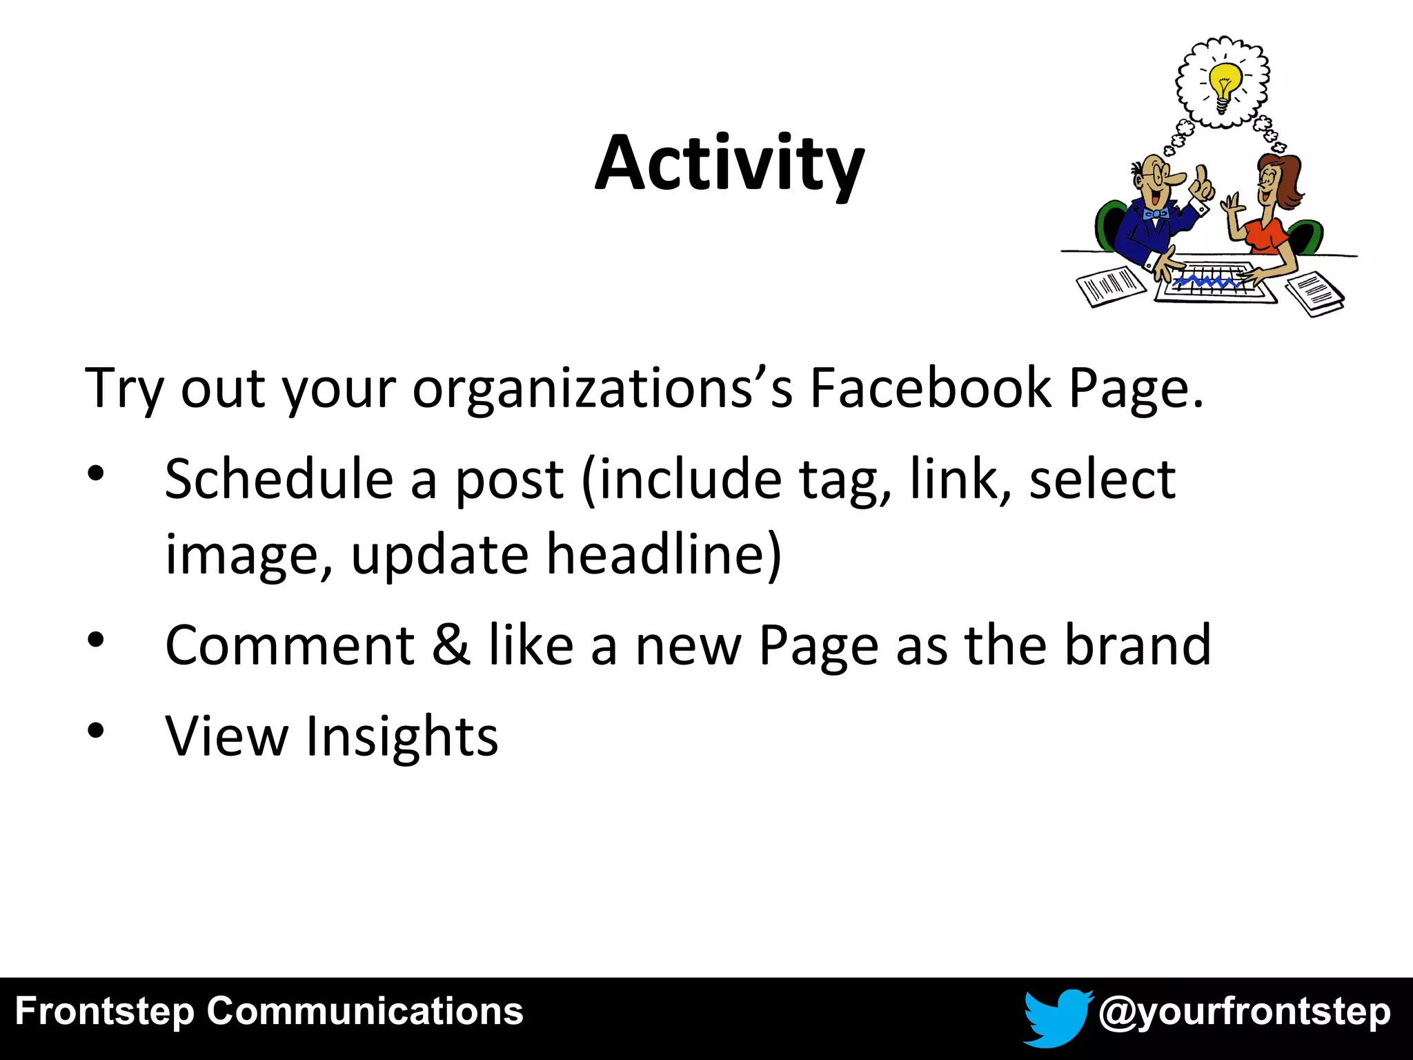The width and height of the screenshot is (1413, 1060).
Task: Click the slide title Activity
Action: pyautogui.click(x=729, y=164)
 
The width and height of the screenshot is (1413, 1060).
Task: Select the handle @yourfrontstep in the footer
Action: pyautogui.click(x=1244, y=1012)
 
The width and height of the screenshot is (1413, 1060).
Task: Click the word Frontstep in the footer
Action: pyautogui.click(x=104, y=1012)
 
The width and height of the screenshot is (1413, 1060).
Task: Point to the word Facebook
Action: pyautogui.click(x=930, y=389)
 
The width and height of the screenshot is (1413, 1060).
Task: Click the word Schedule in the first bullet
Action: pyautogui.click(x=279, y=479)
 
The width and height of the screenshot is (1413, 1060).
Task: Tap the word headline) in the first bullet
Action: pyautogui.click(x=664, y=554)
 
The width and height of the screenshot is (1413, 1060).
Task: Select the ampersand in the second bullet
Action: pyautogui.click(x=452, y=645)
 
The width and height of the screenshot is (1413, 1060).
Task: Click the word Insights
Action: pyautogui.click(x=402, y=736)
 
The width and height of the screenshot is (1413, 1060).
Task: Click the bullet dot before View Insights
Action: pyautogui.click(x=96, y=730)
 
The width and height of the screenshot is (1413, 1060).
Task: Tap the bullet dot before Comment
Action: pyautogui.click(x=96, y=639)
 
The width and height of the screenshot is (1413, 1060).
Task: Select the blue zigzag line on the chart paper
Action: pyautogui.click(x=1207, y=281)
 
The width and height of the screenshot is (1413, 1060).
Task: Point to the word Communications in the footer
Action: pyautogui.click(x=365, y=1012)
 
